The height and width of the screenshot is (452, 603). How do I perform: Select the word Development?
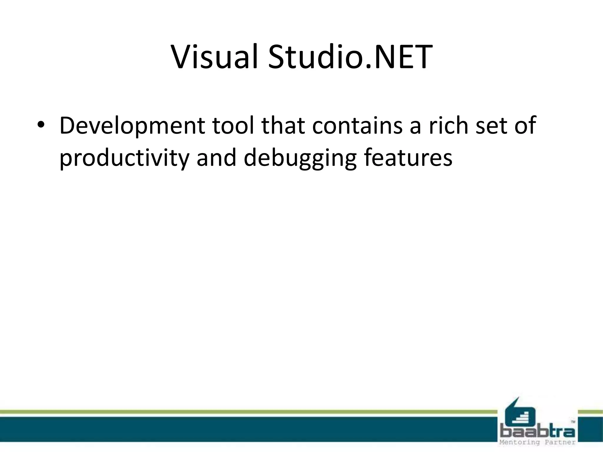pyautogui.click(x=132, y=126)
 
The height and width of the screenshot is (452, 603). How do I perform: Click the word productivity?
pyautogui.click(x=124, y=158)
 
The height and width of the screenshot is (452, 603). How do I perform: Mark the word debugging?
pyautogui.click(x=300, y=158)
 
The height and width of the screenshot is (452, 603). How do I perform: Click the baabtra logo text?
pyautogui.click(x=537, y=432)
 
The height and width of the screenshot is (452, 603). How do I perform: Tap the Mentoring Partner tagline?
pyautogui.click(x=537, y=442)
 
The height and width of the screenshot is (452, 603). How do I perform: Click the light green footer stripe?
pyautogui.click(x=236, y=412)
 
